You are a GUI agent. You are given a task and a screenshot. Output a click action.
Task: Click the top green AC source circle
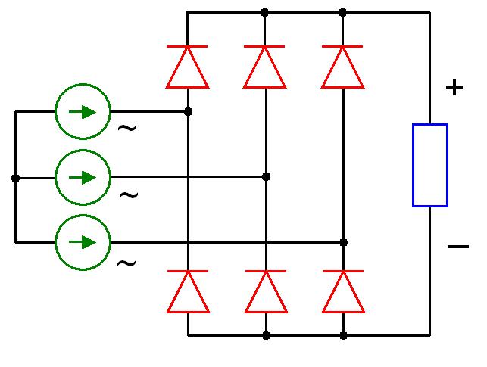pos(83,112)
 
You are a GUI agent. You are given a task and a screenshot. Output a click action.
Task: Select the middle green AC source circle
pos(83,177)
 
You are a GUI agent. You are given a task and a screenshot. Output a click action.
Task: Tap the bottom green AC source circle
pos(83,242)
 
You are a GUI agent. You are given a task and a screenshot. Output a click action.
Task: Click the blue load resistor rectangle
pos(429,165)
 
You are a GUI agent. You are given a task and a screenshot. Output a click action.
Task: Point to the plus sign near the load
pos(454,88)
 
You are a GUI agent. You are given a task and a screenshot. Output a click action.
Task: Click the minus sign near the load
pos(457,246)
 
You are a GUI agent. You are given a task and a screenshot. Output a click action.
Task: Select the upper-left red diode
pos(188,67)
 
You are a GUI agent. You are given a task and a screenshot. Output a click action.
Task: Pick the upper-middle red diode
pos(264,67)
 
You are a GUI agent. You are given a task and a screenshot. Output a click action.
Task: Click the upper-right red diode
pos(342,67)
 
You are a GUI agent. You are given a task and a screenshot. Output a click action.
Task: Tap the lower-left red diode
pos(188,291)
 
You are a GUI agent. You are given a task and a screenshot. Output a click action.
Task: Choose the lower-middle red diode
pos(266,291)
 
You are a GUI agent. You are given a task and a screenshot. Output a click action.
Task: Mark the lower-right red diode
pos(343,291)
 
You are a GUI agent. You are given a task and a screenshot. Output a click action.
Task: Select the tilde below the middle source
pos(129,194)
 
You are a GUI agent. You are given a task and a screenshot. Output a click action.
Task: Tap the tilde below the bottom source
pos(126,263)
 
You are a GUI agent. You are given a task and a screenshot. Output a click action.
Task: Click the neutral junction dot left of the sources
pos(15,178)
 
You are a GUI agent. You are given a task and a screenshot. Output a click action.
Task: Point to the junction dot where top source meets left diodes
pos(188,111)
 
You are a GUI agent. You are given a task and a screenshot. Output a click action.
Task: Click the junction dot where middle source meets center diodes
pos(266,176)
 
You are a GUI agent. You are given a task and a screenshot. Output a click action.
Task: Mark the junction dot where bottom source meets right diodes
pos(343,242)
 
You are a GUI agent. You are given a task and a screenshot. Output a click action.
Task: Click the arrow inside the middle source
pos(83,177)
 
